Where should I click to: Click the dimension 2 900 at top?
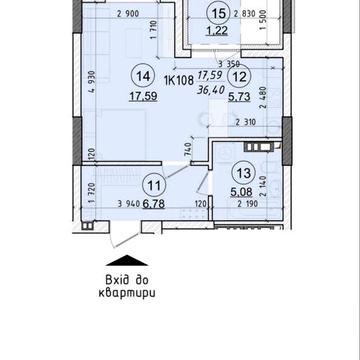coord(127,14)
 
